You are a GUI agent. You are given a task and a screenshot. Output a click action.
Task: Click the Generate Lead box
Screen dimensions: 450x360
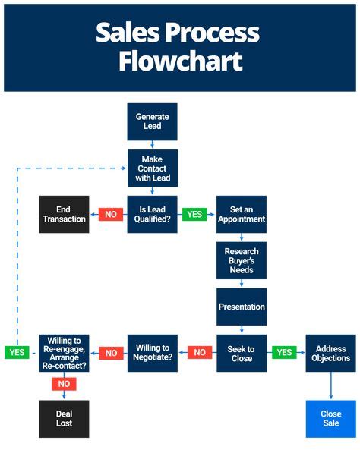click(x=152, y=121)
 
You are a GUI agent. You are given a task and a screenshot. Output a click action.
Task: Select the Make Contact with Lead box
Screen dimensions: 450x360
click(x=152, y=168)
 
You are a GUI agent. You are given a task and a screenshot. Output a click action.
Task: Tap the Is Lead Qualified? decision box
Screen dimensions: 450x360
click(x=152, y=214)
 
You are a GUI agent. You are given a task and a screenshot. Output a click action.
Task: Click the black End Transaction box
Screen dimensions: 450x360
click(x=65, y=214)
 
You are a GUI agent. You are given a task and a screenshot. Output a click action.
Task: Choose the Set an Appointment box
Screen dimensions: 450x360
click(x=242, y=214)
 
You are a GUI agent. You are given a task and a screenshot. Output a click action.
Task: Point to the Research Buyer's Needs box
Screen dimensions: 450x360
click(x=242, y=260)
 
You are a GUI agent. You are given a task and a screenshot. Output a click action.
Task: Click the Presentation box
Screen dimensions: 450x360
click(x=242, y=307)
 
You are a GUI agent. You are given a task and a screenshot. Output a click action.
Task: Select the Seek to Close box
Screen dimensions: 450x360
click(x=242, y=353)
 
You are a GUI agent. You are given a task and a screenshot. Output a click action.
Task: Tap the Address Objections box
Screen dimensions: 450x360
click(x=331, y=353)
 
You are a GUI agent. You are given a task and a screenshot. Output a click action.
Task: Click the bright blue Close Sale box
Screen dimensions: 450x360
click(x=331, y=419)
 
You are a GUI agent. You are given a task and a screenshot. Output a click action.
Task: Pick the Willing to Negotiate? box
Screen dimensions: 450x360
click(x=152, y=353)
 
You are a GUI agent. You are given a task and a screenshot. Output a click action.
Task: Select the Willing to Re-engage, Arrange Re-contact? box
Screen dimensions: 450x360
click(x=65, y=353)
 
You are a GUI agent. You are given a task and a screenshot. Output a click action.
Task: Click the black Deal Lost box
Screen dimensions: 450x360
click(x=65, y=419)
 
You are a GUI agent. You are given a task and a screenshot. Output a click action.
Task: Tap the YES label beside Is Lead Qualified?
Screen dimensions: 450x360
click(x=194, y=214)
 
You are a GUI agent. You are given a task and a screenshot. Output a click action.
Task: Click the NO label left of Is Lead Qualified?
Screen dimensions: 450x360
click(x=111, y=214)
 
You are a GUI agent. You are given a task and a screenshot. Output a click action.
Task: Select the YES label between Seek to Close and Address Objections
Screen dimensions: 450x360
click(x=284, y=353)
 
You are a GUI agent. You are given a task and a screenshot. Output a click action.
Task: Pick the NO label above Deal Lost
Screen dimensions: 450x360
click(x=65, y=384)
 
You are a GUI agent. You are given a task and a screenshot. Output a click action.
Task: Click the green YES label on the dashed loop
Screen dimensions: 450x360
click(x=17, y=353)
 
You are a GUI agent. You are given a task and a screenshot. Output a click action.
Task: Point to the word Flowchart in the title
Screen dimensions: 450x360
click(x=180, y=61)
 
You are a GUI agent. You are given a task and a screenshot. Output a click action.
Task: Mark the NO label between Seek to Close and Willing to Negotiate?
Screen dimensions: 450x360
click(x=200, y=353)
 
